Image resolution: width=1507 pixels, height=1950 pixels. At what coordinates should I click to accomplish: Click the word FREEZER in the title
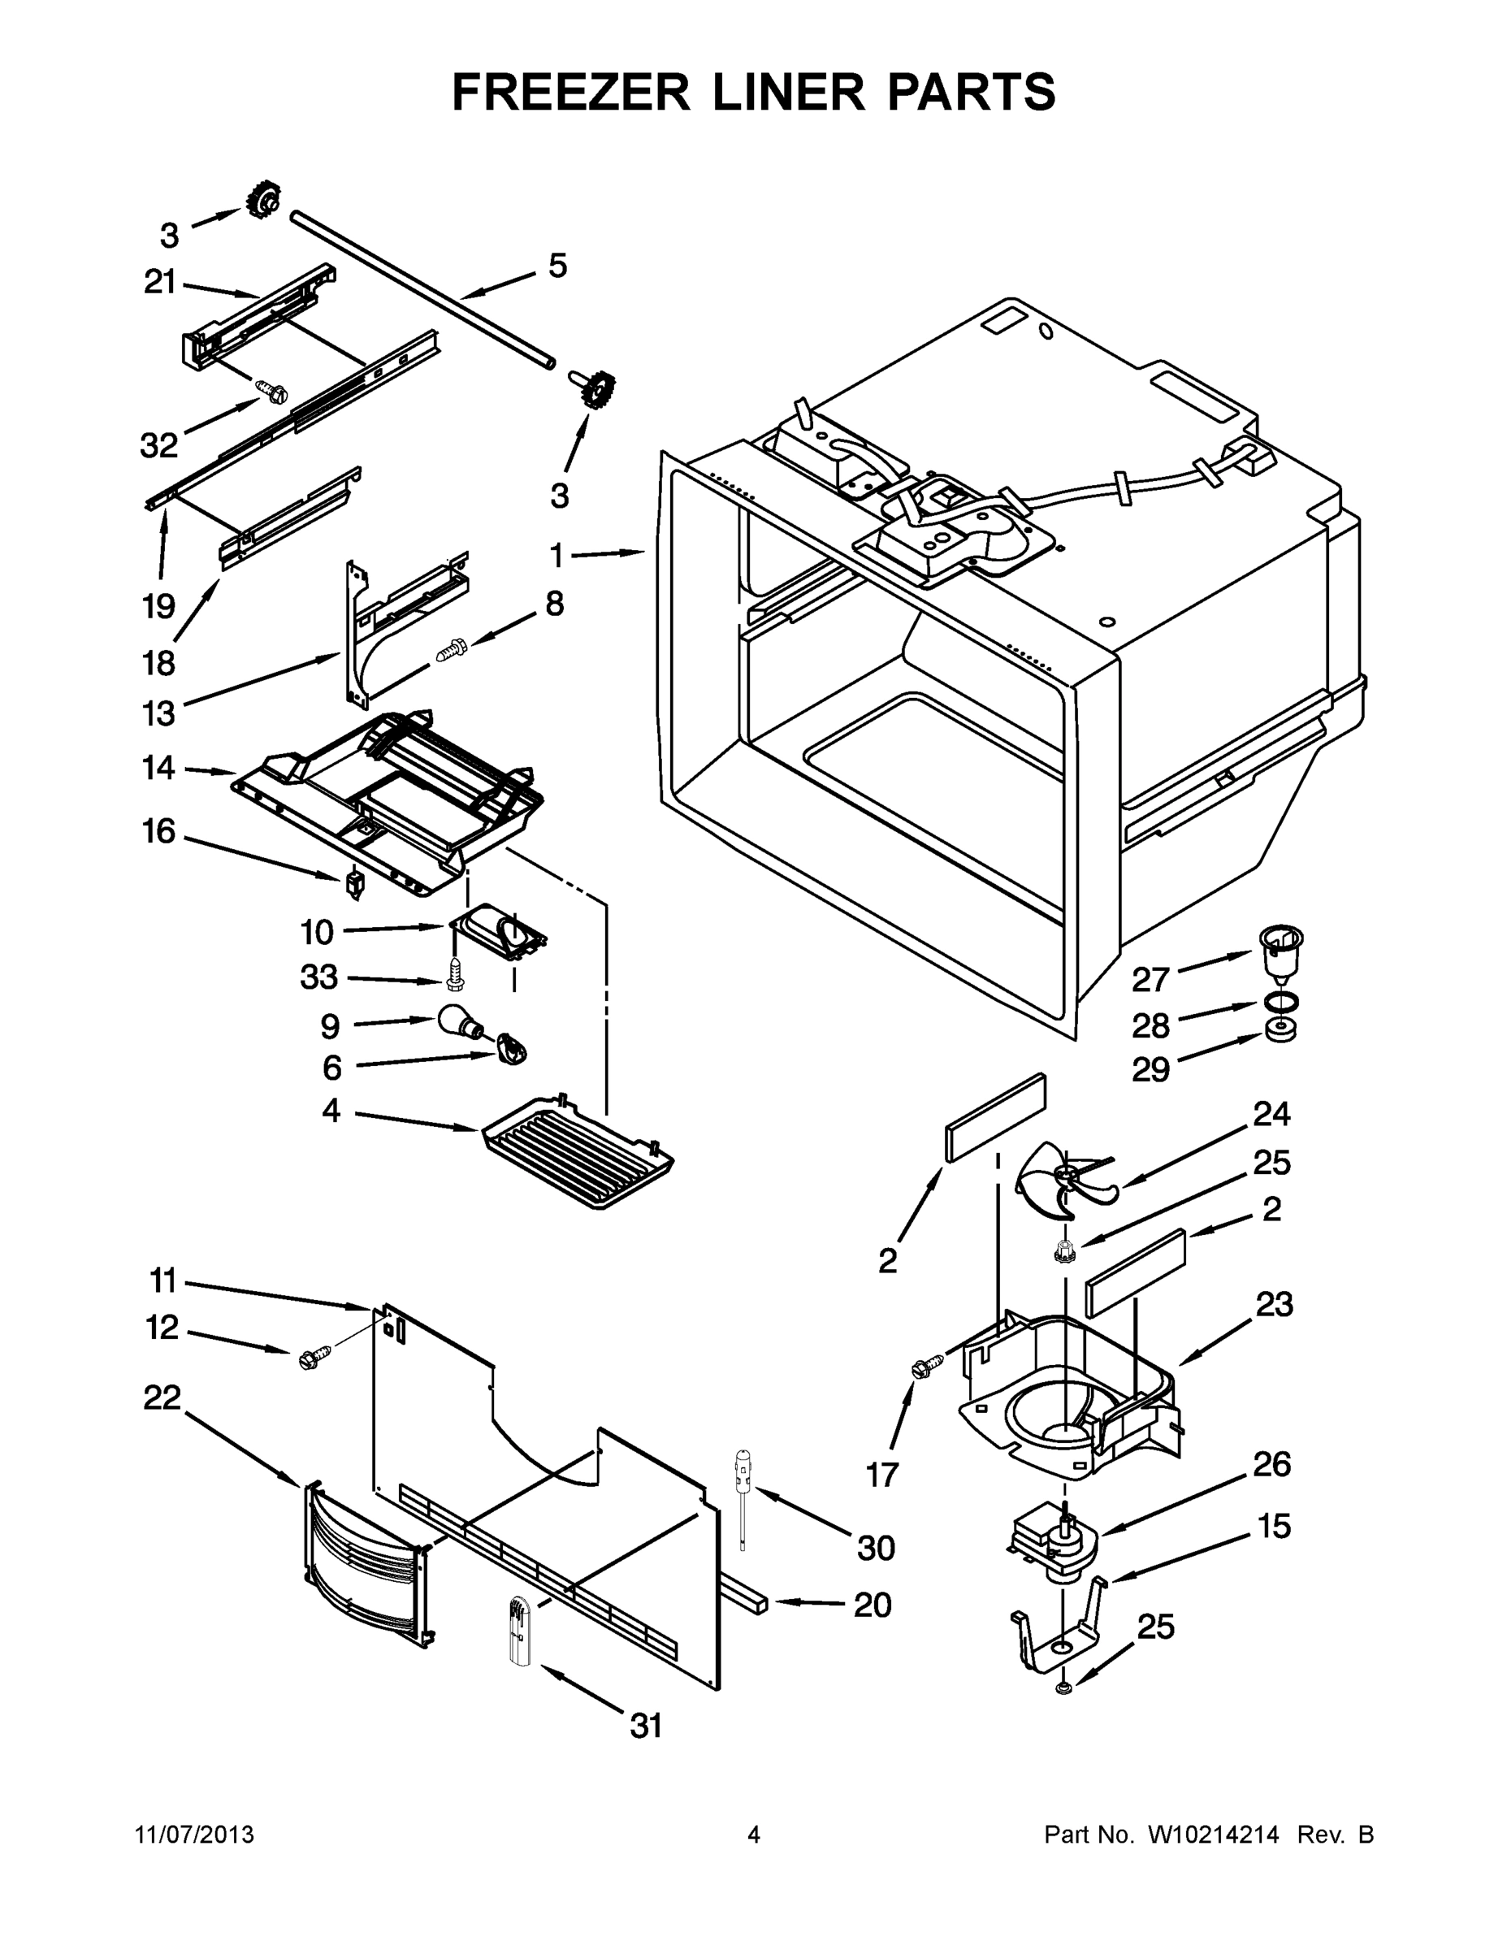[571, 92]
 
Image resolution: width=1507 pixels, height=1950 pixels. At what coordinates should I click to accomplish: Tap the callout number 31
[646, 1726]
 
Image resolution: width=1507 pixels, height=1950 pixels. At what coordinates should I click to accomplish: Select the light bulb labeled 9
[458, 1022]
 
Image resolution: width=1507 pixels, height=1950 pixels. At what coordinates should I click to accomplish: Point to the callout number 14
[159, 768]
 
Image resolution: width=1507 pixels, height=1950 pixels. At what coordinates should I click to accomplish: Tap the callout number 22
[162, 1397]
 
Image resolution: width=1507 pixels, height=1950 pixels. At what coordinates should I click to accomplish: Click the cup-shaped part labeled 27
[1280, 954]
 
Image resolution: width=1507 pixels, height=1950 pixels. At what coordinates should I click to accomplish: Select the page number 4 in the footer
[754, 1835]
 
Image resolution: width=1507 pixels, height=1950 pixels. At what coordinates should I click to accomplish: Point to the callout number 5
[557, 265]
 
